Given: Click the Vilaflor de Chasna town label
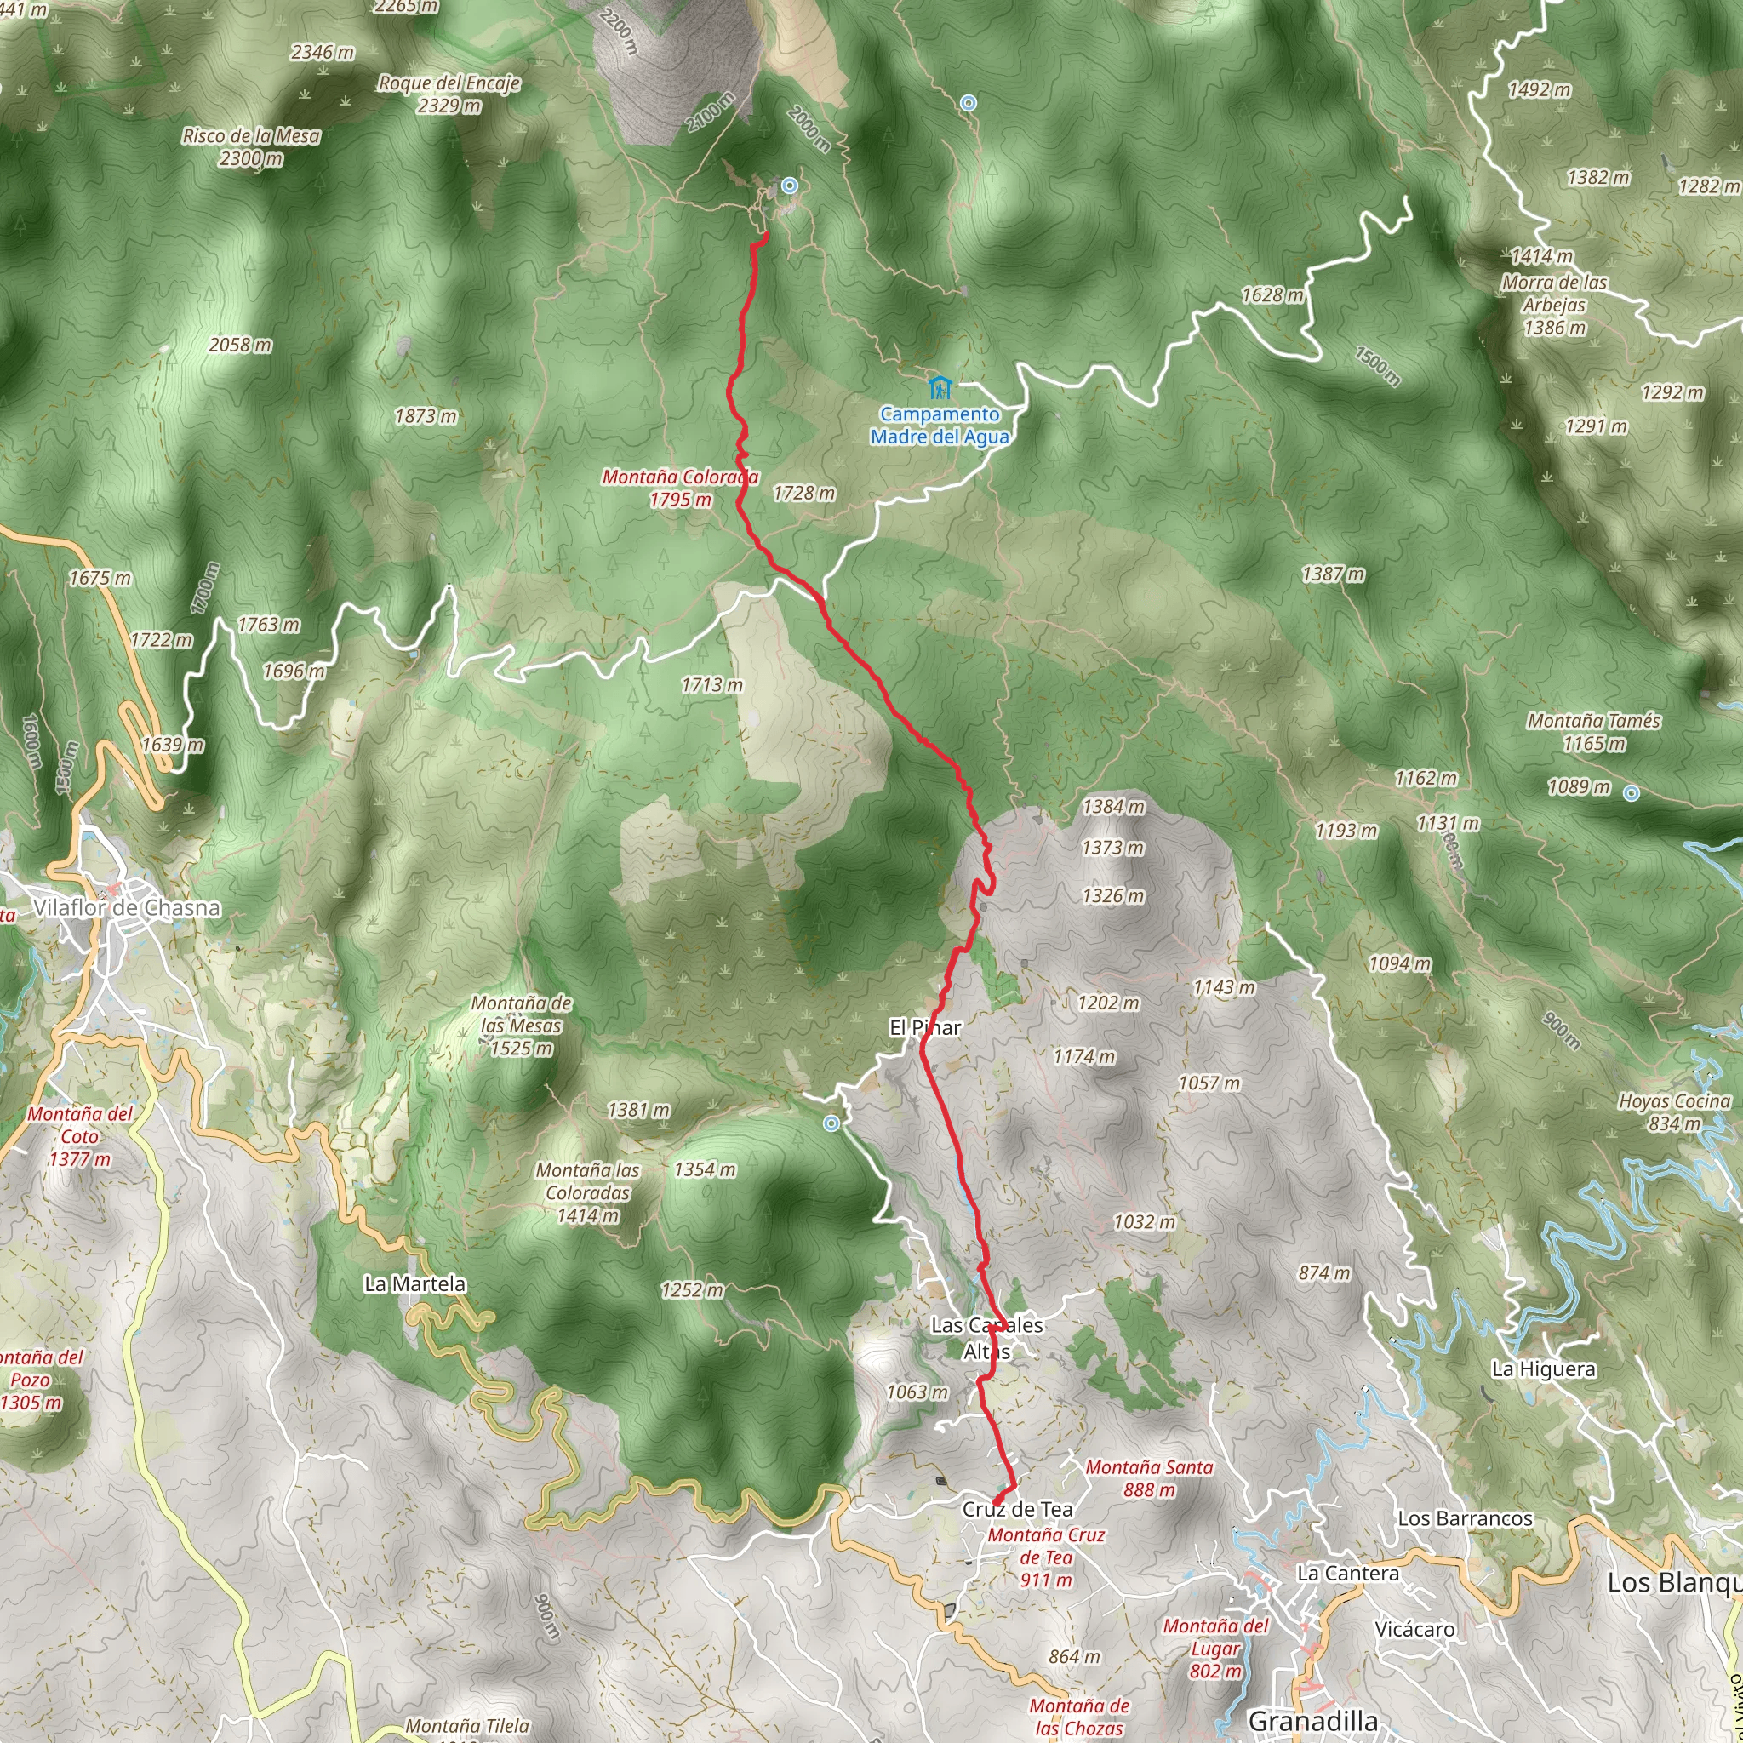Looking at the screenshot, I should [x=126, y=907].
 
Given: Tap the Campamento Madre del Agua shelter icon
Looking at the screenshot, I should [x=940, y=389].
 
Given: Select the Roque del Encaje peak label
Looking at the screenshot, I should [x=449, y=94].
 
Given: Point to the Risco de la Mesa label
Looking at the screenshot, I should [x=251, y=147].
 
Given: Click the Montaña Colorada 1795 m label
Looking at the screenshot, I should [x=680, y=488].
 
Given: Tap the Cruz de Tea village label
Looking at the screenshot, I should [x=1018, y=1509].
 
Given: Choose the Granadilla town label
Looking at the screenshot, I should [x=1312, y=1720].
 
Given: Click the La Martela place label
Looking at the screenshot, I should [x=415, y=1283].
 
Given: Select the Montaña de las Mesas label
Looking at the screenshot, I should [x=522, y=1026].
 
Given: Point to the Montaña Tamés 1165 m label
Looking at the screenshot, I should [x=1593, y=732].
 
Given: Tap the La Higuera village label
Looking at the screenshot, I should [x=1544, y=1369].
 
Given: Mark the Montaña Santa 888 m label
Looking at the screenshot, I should [x=1148, y=1478].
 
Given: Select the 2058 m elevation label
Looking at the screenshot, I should [x=240, y=345].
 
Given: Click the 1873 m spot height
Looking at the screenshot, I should [x=426, y=416].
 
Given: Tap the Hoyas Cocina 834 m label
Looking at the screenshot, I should [x=1674, y=1112].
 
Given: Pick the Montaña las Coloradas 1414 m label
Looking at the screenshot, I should [x=587, y=1192].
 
